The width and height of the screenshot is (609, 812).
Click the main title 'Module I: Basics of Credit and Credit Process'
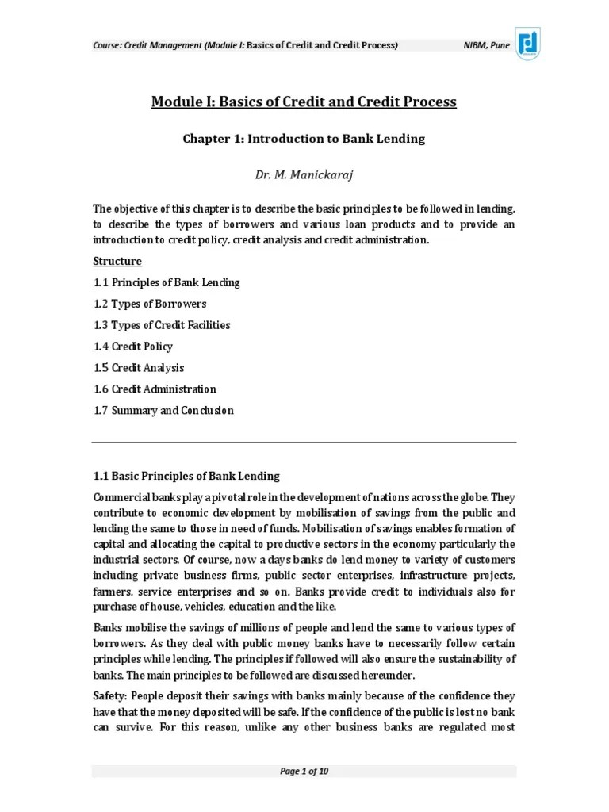304,101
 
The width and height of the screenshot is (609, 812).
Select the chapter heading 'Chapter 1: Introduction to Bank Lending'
304,139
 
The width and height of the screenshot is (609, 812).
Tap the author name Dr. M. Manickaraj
304,174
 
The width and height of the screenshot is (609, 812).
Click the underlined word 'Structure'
117,261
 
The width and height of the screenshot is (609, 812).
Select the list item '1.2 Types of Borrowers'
150,304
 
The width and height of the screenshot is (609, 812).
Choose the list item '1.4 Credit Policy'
132,347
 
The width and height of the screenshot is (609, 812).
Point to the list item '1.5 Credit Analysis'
138,368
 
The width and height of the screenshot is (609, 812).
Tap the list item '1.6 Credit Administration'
155,389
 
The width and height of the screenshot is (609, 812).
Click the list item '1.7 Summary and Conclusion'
163,411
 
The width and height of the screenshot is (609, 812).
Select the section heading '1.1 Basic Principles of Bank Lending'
186,476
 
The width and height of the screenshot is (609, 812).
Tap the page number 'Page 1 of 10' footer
304,772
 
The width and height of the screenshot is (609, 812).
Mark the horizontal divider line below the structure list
304,442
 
